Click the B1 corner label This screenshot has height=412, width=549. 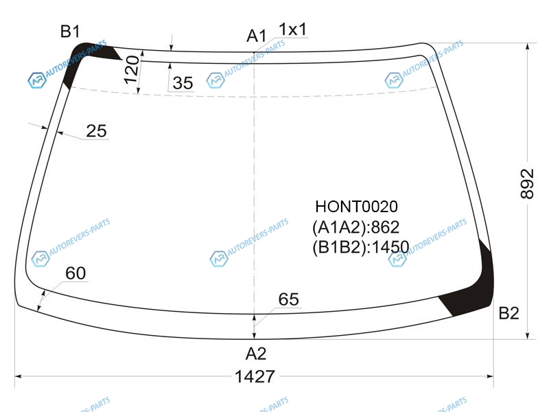(x=70, y=31)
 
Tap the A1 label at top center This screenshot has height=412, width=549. (x=257, y=36)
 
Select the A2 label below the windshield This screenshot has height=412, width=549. (x=256, y=354)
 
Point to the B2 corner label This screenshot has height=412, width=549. (x=509, y=313)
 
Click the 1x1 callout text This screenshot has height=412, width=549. (x=293, y=29)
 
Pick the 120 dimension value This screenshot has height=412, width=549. (x=132, y=69)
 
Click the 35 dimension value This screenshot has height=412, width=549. (x=183, y=83)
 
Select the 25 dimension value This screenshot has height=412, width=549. (x=96, y=131)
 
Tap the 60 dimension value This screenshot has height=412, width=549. (x=75, y=273)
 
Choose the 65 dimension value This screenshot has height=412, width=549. (x=289, y=299)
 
